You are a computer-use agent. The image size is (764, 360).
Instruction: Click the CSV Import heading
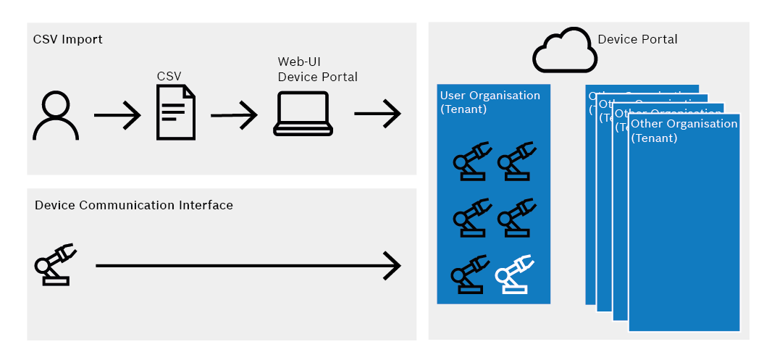pos(68,39)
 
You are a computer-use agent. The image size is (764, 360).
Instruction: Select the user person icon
pos(56,116)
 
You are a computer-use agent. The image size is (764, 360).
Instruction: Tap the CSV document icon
pos(176,112)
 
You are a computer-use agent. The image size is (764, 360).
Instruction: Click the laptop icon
pos(303,114)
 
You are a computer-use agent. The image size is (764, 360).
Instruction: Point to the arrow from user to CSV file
pos(117,114)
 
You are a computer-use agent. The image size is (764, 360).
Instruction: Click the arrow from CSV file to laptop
pos(234,114)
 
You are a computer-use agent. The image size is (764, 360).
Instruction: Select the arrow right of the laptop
pos(377,114)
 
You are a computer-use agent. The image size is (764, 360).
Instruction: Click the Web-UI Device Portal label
pos(317,70)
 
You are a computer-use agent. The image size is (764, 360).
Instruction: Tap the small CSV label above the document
pos(169,75)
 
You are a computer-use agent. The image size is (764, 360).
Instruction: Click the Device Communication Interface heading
pos(134,205)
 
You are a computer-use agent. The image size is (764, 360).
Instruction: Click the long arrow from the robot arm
pos(248,266)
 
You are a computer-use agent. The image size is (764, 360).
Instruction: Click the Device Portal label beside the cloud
pos(637,39)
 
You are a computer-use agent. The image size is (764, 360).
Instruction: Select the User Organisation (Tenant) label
pos(490,101)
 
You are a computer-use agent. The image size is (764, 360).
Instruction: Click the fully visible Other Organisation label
pos(684,130)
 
